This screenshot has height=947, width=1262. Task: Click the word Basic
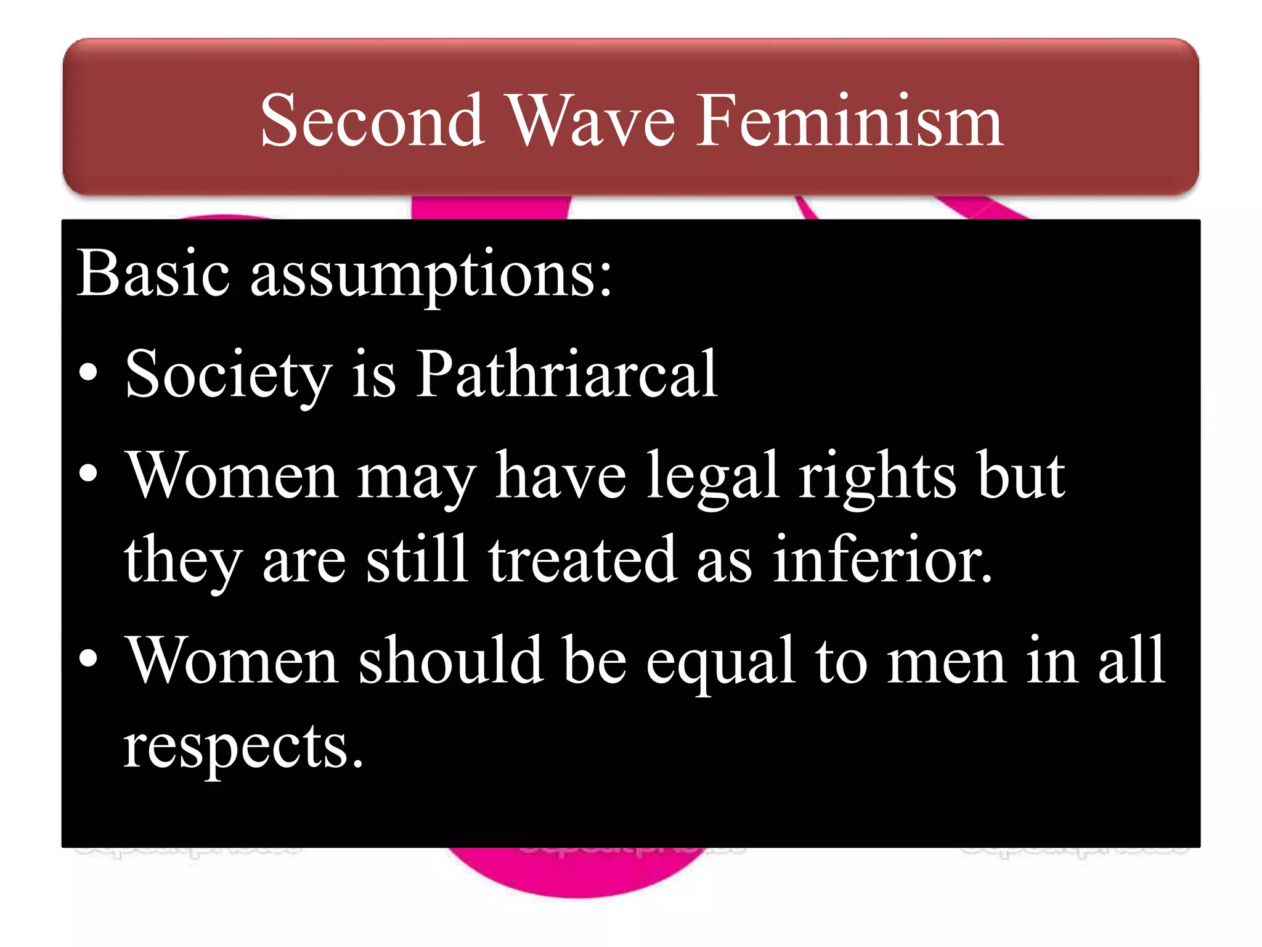point(153,273)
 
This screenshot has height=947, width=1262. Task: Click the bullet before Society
point(89,372)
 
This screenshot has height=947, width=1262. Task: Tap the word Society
point(228,375)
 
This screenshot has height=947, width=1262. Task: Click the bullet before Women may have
point(89,473)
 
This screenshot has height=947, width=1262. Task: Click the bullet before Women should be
point(89,658)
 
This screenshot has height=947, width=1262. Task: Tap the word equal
point(720,662)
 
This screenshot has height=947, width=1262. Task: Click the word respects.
point(243,747)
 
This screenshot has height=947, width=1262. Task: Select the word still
point(416,558)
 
